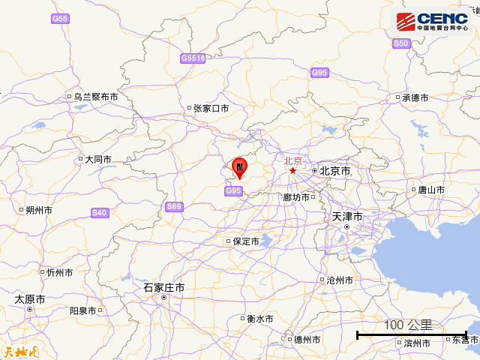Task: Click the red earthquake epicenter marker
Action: coord(240,166)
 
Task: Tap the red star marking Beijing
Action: coord(292,171)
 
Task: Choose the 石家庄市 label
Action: coord(164,288)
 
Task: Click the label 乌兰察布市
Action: coord(96,97)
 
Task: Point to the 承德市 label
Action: coord(415,97)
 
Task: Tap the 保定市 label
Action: coord(245,241)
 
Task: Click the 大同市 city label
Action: coord(97,160)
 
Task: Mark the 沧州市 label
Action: coord(340,280)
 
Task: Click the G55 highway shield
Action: coord(60,18)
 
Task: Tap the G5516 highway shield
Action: coord(193,58)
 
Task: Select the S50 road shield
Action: coord(401,44)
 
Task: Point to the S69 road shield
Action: coord(174,206)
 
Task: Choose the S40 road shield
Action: coord(99,213)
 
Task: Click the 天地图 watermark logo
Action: coord(19,352)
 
